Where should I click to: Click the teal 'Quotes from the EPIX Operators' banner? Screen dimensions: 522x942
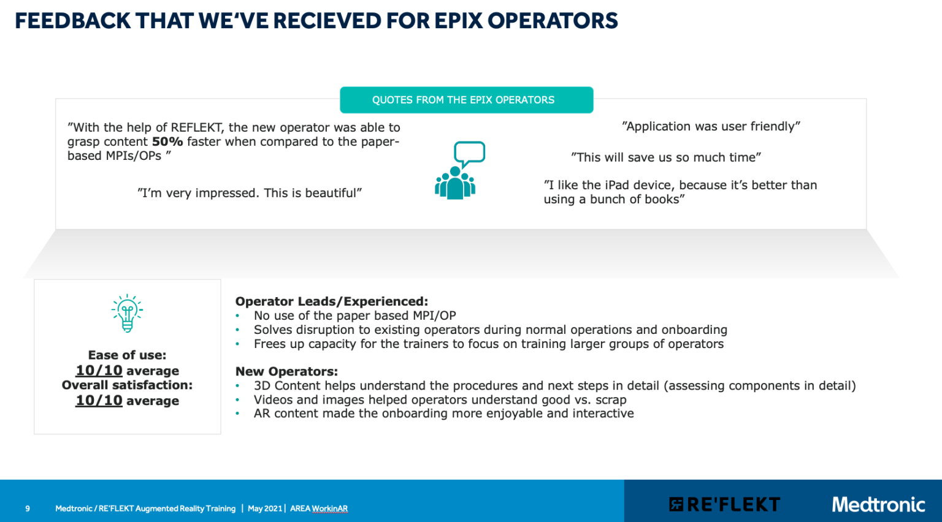click(466, 100)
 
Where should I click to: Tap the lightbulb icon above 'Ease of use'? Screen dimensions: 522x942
click(127, 313)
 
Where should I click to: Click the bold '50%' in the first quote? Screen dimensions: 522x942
click(167, 142)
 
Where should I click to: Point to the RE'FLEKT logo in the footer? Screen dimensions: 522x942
click(724, 504)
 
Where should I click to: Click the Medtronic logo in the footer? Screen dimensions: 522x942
click(878, 504)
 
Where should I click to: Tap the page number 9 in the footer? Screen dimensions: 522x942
click(28, 509)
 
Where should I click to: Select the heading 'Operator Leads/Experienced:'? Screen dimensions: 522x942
click(331, 301)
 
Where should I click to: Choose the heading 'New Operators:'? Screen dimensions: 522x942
click(286, 371)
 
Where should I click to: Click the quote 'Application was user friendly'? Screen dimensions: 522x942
click(711, 126)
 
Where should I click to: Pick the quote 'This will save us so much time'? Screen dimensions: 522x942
click(665, 157)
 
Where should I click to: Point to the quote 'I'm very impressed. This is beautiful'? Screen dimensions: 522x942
click(250, 193)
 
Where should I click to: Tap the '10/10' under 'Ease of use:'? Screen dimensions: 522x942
click(99, 371)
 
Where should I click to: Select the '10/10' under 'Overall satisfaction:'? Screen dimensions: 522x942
click(99, 401)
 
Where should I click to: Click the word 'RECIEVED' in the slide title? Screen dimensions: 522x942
click(327, 21)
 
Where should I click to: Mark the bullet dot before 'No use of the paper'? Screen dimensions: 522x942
click(237, 316)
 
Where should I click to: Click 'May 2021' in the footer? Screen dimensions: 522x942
click(265, 509)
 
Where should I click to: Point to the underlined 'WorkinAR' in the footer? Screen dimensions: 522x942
click(330, 509)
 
